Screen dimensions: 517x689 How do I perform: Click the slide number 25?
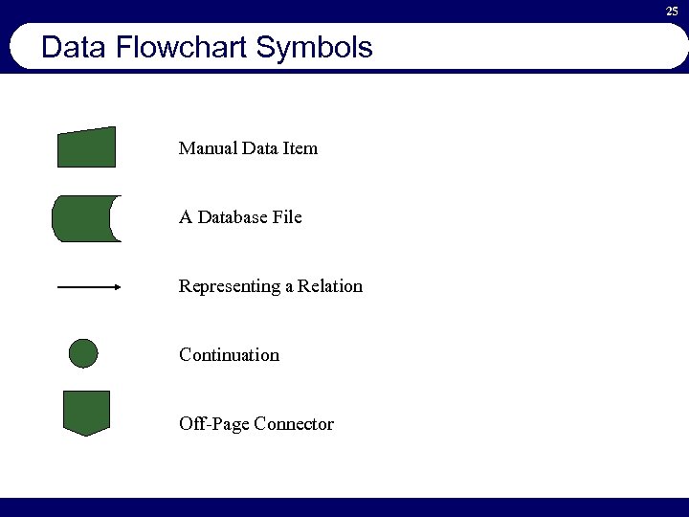(x=672, y=11)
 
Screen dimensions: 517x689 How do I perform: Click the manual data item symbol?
(x=86, y=148)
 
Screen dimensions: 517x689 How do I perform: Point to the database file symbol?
(x=84, y=218)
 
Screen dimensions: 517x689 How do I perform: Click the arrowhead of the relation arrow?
(x=117, y=286)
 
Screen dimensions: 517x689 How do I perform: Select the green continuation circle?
(x=83, y=353)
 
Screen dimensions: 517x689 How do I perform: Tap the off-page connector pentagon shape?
(x=86, y=412)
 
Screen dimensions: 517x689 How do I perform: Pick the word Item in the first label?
(x=301, y=148)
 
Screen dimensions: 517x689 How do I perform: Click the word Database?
(x=233, y=217)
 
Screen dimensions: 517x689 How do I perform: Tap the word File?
(x=287, y=217)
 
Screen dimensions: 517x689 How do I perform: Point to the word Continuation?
(x=229, y=355)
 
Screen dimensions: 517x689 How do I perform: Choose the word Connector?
(x=294, y=424)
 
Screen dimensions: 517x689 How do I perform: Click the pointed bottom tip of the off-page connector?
(x=86, y=435)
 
